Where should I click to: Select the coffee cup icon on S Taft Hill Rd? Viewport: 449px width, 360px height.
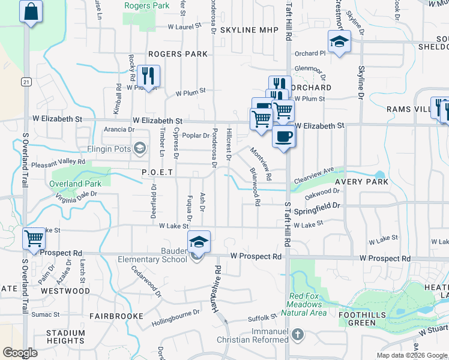pyautogui.click(x=284, y=136)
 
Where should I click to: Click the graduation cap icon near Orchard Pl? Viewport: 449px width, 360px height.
pyautogui.click(x=339, y=43)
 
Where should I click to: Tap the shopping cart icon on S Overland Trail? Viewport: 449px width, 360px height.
pyautogui.click(x=34, y=238)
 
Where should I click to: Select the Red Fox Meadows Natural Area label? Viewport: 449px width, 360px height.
pyautogui.click(x=308, y=304)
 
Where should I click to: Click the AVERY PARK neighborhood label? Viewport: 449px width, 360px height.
pyautogui.click(x=361, y=181)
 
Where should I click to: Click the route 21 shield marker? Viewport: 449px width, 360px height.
pyautogui.click(x=25, y=81)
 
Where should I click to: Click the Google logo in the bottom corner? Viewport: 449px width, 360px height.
pyautogui.click(x=20, y=352)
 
